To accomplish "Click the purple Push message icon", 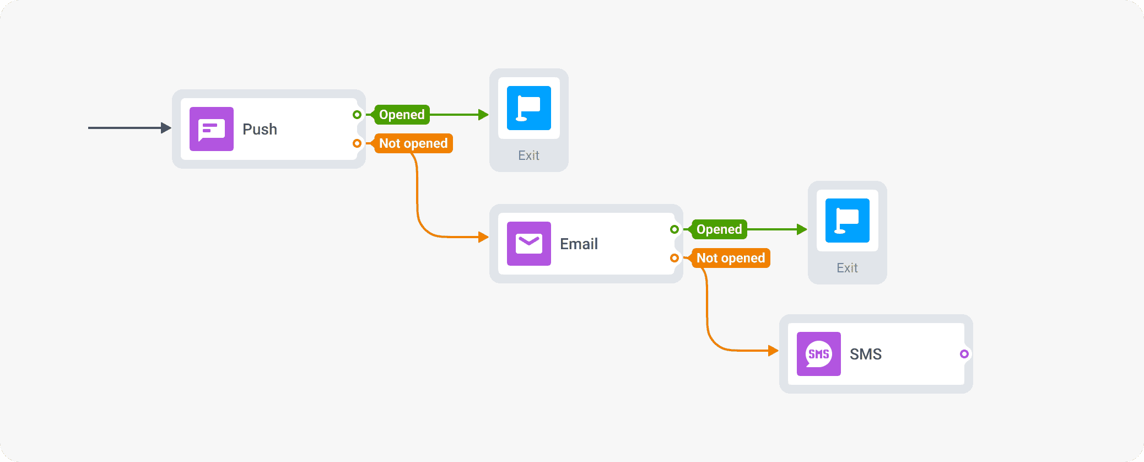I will click(x=211, y=129).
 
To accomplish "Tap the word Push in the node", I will click(x=260, y=129).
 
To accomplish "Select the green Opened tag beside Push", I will click(x=401, y=115).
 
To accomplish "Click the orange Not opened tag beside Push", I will click(x=413, y=143).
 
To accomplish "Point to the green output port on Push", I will click(x=357, y=115).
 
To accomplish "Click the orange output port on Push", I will click(x=357, y=143).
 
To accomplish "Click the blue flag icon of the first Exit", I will click(x=528, y=108).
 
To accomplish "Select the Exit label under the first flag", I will click(x=528, y=155).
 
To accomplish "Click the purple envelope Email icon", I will click(x=528, y=244).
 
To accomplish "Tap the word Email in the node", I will click(x=579, y=244).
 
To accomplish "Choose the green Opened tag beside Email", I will click(x=719, y=229).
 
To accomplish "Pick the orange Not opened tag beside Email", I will click(x=730, y=258).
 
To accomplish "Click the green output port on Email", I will click(x=674, y=229).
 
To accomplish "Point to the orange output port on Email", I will click(x=674, y=258).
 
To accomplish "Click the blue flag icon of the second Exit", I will click(x=847, y=221).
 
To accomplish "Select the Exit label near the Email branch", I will click(x=847, y=268).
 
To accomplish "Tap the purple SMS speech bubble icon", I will click(x=818, y=354).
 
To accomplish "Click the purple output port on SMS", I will click(x=964, y=354).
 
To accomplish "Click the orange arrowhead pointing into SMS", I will click(x=773, y=350).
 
